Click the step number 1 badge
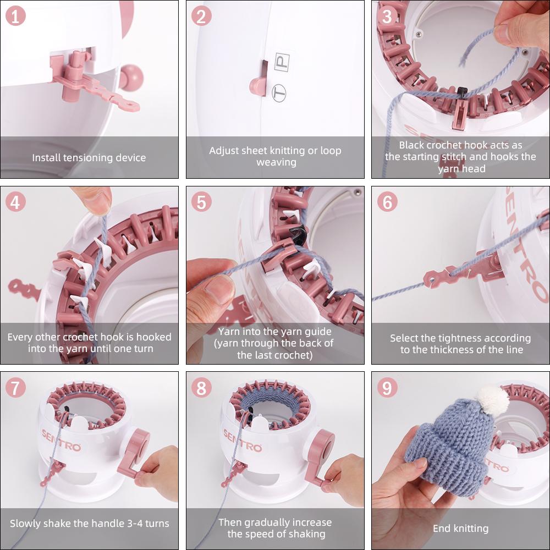[15, 16]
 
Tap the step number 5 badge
[201, 202]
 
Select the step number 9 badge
[387, 388]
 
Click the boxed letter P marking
[282, 63]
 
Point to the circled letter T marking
[279, 93]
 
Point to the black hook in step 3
[462, 93]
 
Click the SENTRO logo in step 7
[62, 440]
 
